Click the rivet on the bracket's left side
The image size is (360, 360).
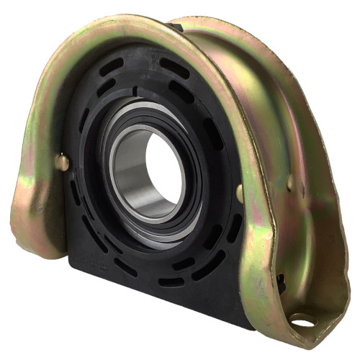(x=63, y=162)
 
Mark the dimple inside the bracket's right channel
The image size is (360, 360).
(x=290, y=183)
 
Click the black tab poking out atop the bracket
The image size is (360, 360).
(x=173, y=28)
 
